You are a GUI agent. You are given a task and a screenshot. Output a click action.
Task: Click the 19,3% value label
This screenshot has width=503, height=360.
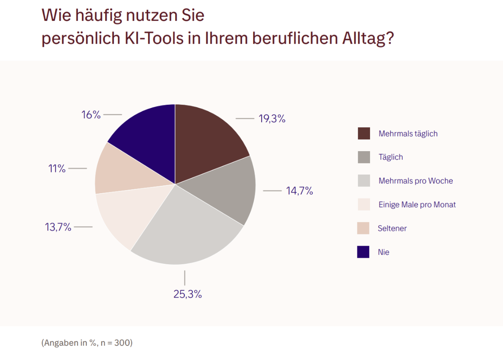pyautogui.click(x=272, y=119)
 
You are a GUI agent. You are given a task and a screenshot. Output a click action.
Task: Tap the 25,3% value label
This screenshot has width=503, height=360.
pyautogui.click(x=188, y=294)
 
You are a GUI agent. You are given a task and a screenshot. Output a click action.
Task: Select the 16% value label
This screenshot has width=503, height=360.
pyautogui.click(x=91, y=115)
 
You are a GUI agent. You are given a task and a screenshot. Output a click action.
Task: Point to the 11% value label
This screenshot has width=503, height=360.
pyautogui.click(x=57, y=169)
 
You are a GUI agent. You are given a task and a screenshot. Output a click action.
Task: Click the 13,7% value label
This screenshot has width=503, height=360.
pyautogui.click(x=58, y=227)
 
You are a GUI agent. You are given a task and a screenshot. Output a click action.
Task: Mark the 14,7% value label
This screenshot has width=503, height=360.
pyautogui.click(x=299, y=191)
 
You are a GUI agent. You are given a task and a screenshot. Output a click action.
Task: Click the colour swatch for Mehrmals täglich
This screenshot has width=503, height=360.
pyautogui.click(x=364, y=133)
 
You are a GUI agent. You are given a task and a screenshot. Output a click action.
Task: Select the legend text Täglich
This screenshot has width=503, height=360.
pyautogui.click(x=390, y=157)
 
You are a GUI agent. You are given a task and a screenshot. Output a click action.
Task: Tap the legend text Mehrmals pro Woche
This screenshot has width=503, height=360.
pyautogui.click(x=415, y=181)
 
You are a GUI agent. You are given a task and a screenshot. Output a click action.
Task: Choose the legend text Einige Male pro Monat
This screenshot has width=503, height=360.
pyautogui.click(x=417, y=204)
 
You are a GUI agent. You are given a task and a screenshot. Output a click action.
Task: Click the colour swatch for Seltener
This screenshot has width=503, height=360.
pyautogui.click(x=363, y=228)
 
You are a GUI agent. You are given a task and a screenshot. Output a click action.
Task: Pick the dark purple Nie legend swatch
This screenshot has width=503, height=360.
pyautogui.click(x=363, y=252)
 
